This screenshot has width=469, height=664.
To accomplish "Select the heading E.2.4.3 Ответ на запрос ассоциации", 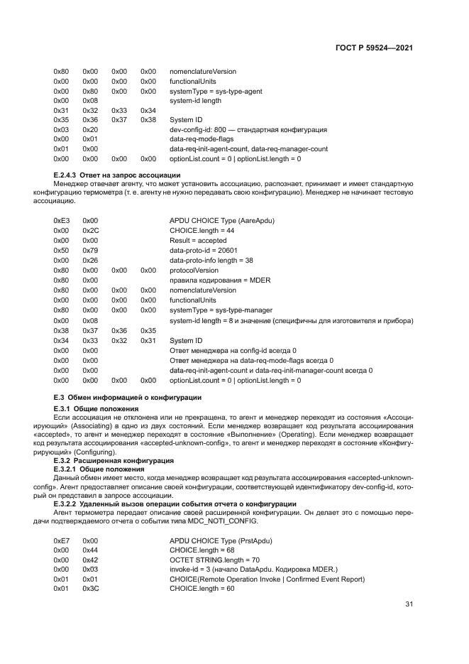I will click(x=117, y=175).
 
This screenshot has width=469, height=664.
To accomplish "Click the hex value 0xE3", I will click(x=62, y=222).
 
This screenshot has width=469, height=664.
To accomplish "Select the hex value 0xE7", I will click(x=62, y=541).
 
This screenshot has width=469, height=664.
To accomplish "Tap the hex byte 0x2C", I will click(x=90, y=232).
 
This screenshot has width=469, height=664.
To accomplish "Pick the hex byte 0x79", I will click(x=90, y=251).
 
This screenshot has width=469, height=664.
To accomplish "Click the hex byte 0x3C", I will click(x=90, y=589).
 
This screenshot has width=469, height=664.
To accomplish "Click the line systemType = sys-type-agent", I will click(x=215, y=91).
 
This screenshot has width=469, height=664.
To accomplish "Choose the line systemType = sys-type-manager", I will click(x=221, y=310).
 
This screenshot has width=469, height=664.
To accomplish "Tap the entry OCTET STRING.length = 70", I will click(x=214, y=560).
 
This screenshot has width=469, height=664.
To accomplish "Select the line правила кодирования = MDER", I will click(x=215, y=281).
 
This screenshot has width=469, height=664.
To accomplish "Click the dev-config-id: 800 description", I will click(x=248, y=130).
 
